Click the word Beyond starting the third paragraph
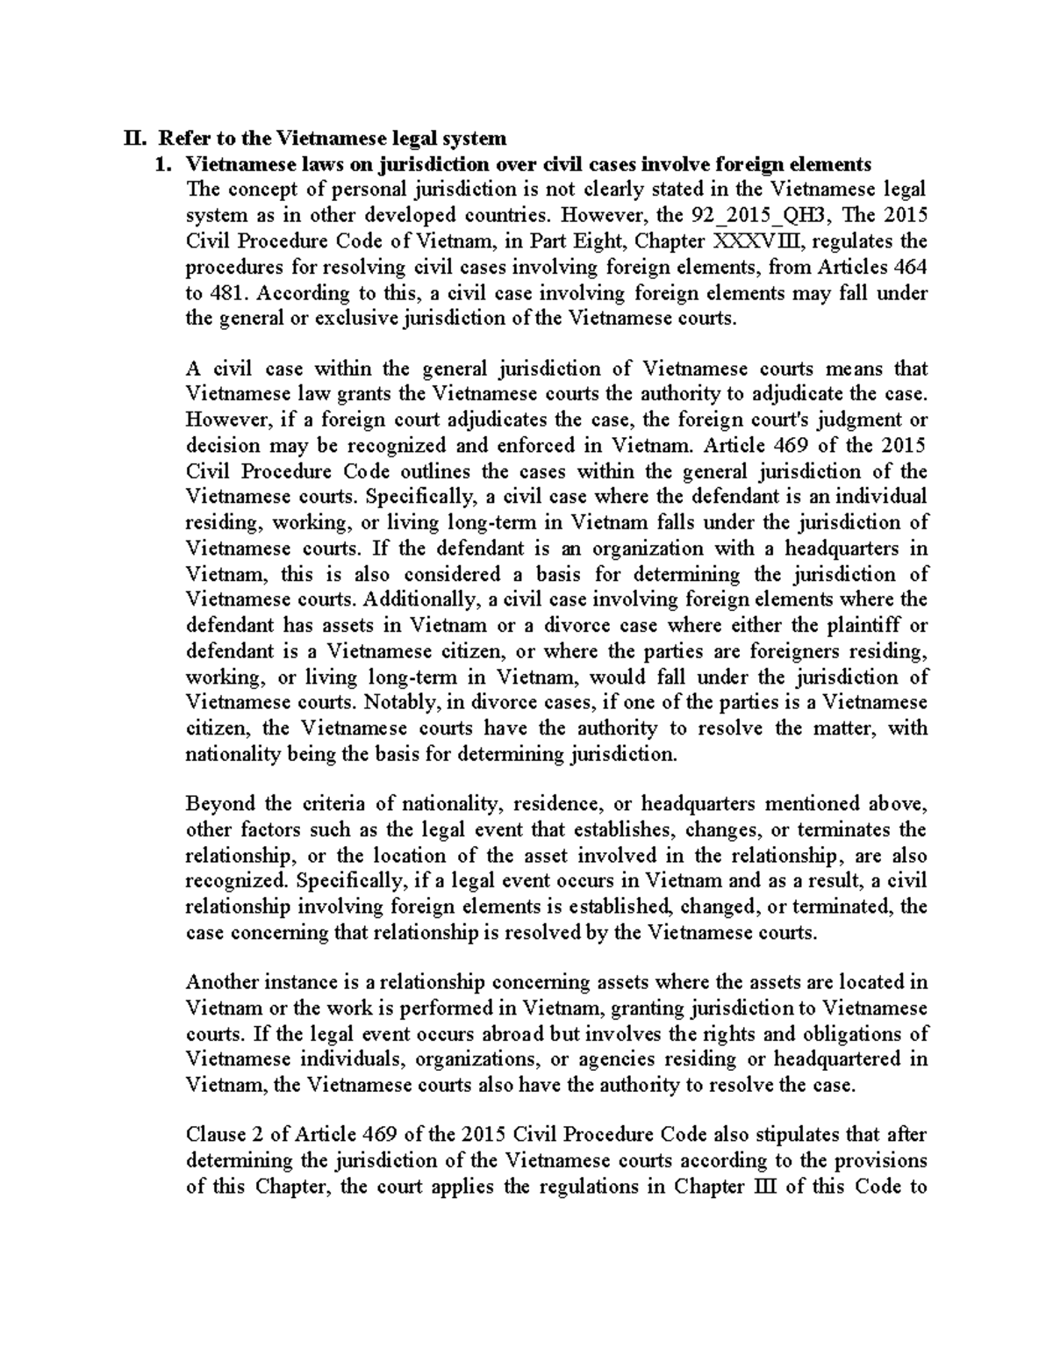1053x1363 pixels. click(220, 804)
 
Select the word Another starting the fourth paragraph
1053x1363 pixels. click(225, 982)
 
